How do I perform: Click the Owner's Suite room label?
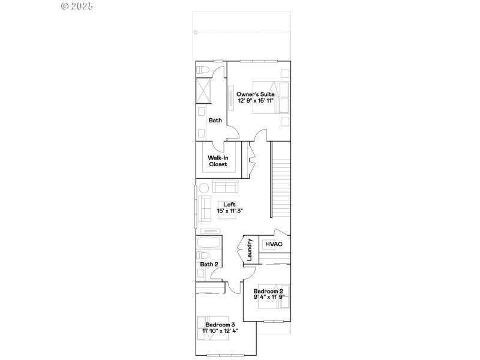coord(256,94)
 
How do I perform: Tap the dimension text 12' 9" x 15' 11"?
coord(256,101)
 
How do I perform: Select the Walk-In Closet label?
coord(218,161)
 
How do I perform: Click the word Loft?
coord(230,205)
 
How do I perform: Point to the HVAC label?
coord(274,245)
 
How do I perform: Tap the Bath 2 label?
coord(209,264)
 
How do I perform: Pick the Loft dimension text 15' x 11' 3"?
coord(230,211)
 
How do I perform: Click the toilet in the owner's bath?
coord(203,69)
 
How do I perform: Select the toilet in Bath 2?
coord(202,274)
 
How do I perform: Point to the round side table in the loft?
coord(203,187)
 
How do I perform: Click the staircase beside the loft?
coord(280,180)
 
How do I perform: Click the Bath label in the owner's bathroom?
coord(215,121)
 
